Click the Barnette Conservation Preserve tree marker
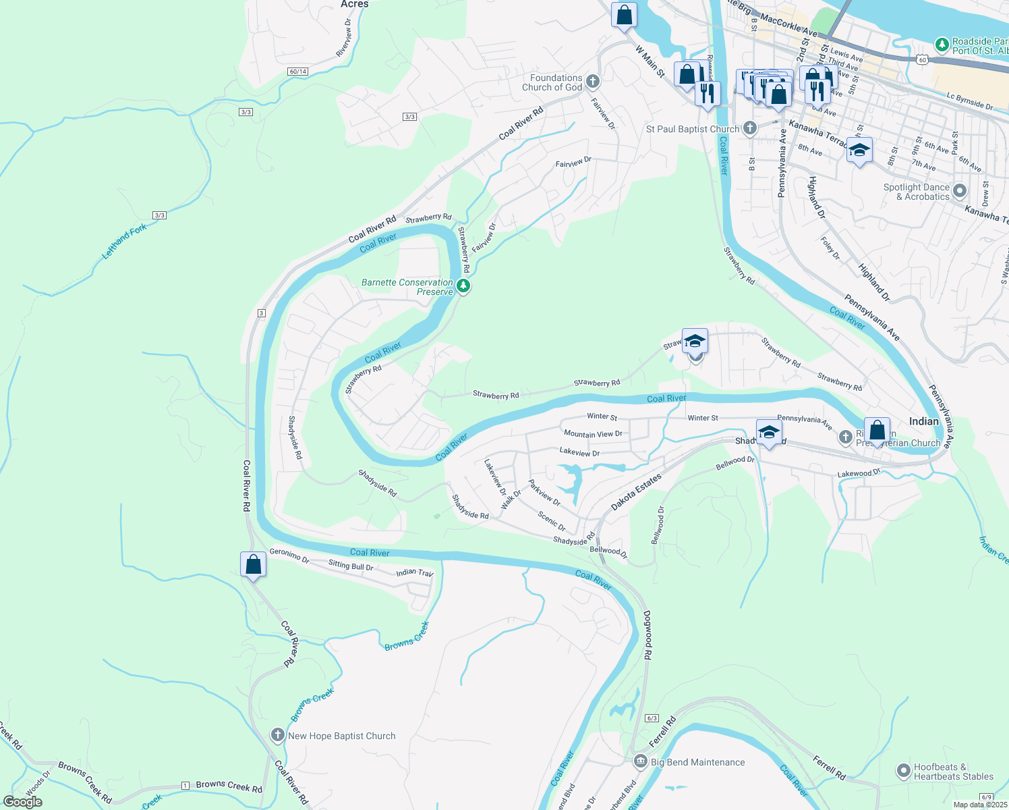[x=463, y=286]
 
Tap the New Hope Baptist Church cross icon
[x=278, y=736]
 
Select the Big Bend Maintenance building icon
[x=640, y=762]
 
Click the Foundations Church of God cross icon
[x=593, y=82]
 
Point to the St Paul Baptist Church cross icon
[x=749, y=128]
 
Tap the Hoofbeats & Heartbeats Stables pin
[x=904, y=771]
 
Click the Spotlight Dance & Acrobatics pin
[x=960, y=192]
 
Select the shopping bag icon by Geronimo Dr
[x=253, y=564]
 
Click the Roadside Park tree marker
[x=942, y=45]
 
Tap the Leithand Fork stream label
[x=124, y=242]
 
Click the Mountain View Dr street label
[x=593, y=434]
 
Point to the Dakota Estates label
[x=636, y=492]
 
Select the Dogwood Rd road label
[x=647, y=634]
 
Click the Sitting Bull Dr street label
[x=351, y=566]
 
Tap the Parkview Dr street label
[x=544, y=493]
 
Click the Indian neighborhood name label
[x=923, y=421]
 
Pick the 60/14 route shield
[x=297, y=72]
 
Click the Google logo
[x=23, y=802]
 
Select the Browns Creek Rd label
[x=229, y=786]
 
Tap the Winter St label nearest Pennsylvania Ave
[x=703, y=418]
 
